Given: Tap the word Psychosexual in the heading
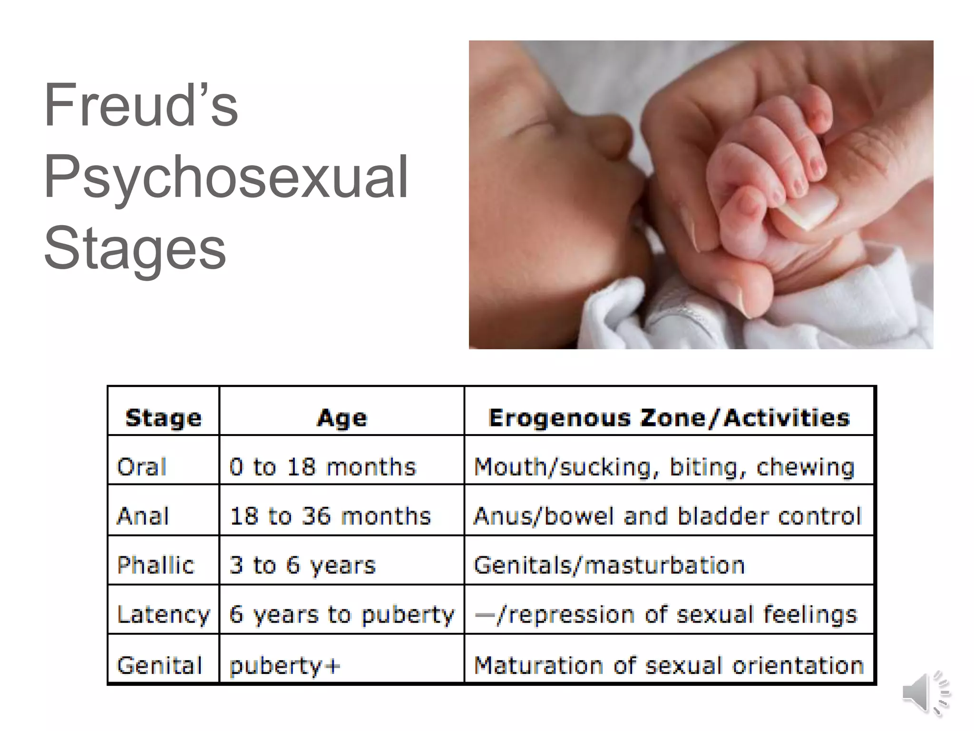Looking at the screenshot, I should (x=226, y=177).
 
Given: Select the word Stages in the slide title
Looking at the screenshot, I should (x=135, y=248).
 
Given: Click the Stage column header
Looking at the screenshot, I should (x=164, y=418).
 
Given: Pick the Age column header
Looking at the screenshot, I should (x=342, y=418).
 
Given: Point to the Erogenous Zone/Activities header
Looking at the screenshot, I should (x=669, y=418).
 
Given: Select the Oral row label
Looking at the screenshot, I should (x=142, y=467).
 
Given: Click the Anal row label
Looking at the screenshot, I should (x=143, y=516).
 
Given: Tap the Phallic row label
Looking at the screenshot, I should (x=156, y=565).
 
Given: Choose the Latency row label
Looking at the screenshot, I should (x=163, y=614).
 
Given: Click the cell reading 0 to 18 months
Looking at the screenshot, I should (x=322, y=467).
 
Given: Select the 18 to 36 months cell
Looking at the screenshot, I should (x=330, y=516).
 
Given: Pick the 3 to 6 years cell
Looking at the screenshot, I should (x=302, y=565).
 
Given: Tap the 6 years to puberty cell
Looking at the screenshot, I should (x=341, y=614).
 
